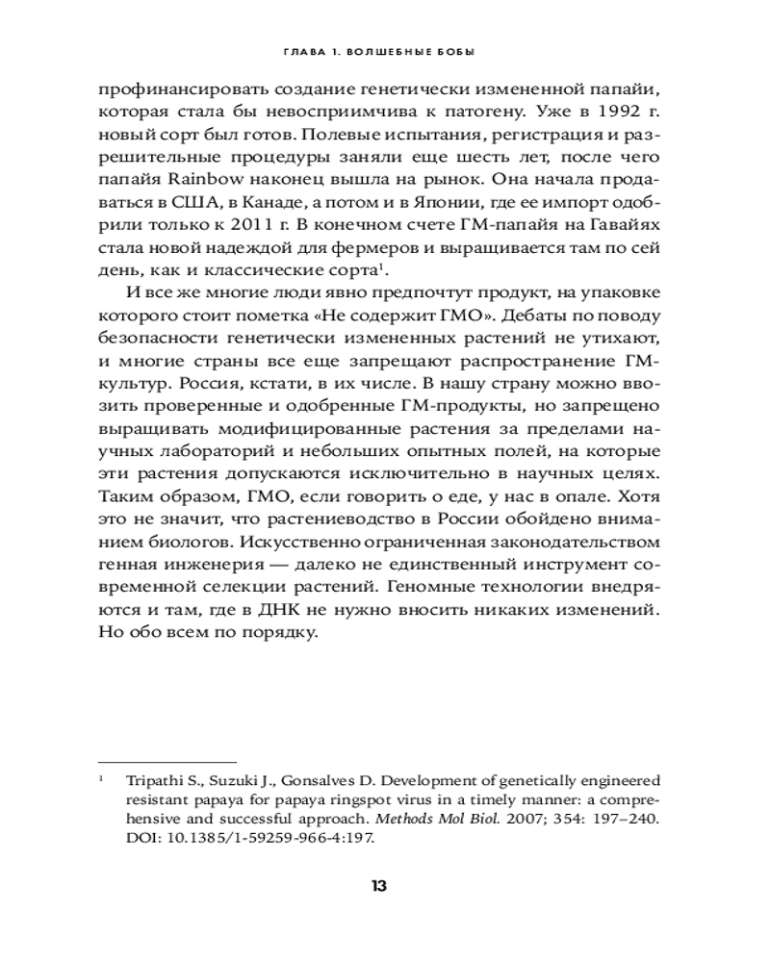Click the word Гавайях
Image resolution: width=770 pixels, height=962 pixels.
click(x=626, y=222)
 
